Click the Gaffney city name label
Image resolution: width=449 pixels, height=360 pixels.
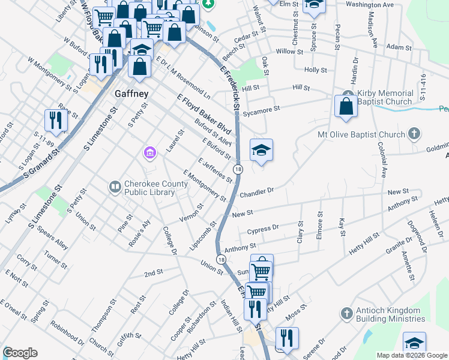pos(131,94)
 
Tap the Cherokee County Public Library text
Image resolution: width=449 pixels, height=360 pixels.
pos(149,188)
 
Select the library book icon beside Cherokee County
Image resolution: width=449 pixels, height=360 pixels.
pos(114,188)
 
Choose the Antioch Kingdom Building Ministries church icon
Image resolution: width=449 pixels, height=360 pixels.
pos(346,313)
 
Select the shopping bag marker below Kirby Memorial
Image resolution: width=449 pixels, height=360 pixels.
pos(346,107)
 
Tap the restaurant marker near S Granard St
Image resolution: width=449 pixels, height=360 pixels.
pos(56,121)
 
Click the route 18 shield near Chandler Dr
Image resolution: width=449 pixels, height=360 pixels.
pos(238,170)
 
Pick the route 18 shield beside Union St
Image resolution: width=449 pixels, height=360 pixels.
pos(221,260)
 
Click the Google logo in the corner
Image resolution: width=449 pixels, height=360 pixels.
pos(20,353)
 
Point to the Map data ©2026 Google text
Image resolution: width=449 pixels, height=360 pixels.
pos(411,355)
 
